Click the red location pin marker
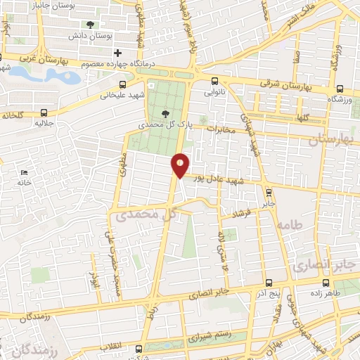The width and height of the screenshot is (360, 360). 180,165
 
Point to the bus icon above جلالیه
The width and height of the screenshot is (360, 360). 44,112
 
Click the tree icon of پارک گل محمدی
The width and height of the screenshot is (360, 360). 166,113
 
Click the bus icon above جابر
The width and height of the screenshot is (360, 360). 268,191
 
